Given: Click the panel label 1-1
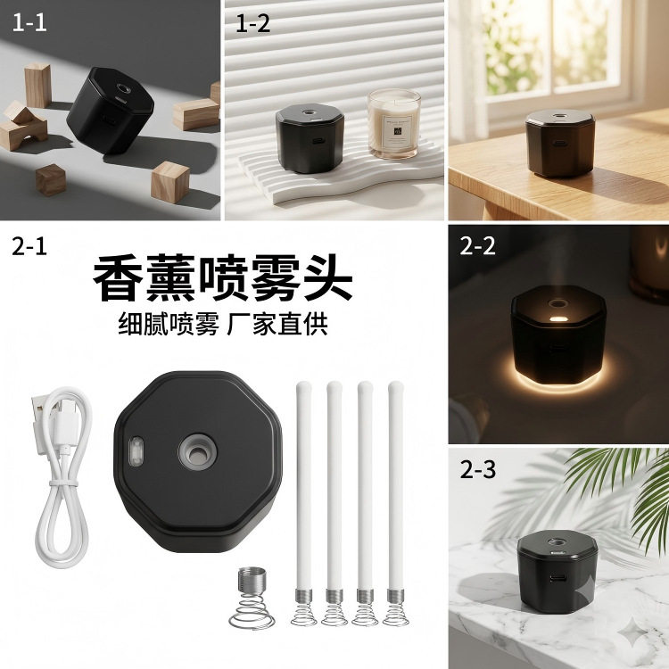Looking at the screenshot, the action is coord(29,22).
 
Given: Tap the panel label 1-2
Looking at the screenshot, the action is coord(253,23).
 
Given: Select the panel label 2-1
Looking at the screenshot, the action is coord(29,246).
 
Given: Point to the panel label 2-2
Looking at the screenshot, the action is coord(477,246).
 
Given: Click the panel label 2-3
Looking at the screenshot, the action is coord(478,470).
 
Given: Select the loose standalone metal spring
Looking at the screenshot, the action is coord(252,598).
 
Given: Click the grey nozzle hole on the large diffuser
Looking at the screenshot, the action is coord(197,452).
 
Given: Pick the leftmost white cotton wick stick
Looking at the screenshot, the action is coord(303,503).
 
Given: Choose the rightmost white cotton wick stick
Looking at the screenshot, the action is coord(395,503).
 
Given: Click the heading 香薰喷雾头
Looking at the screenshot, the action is coord(222,278).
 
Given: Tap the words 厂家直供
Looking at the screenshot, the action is coord(277,325).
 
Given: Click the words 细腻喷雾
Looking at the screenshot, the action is coord(168,325).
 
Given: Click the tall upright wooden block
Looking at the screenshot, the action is coord(37,86).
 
